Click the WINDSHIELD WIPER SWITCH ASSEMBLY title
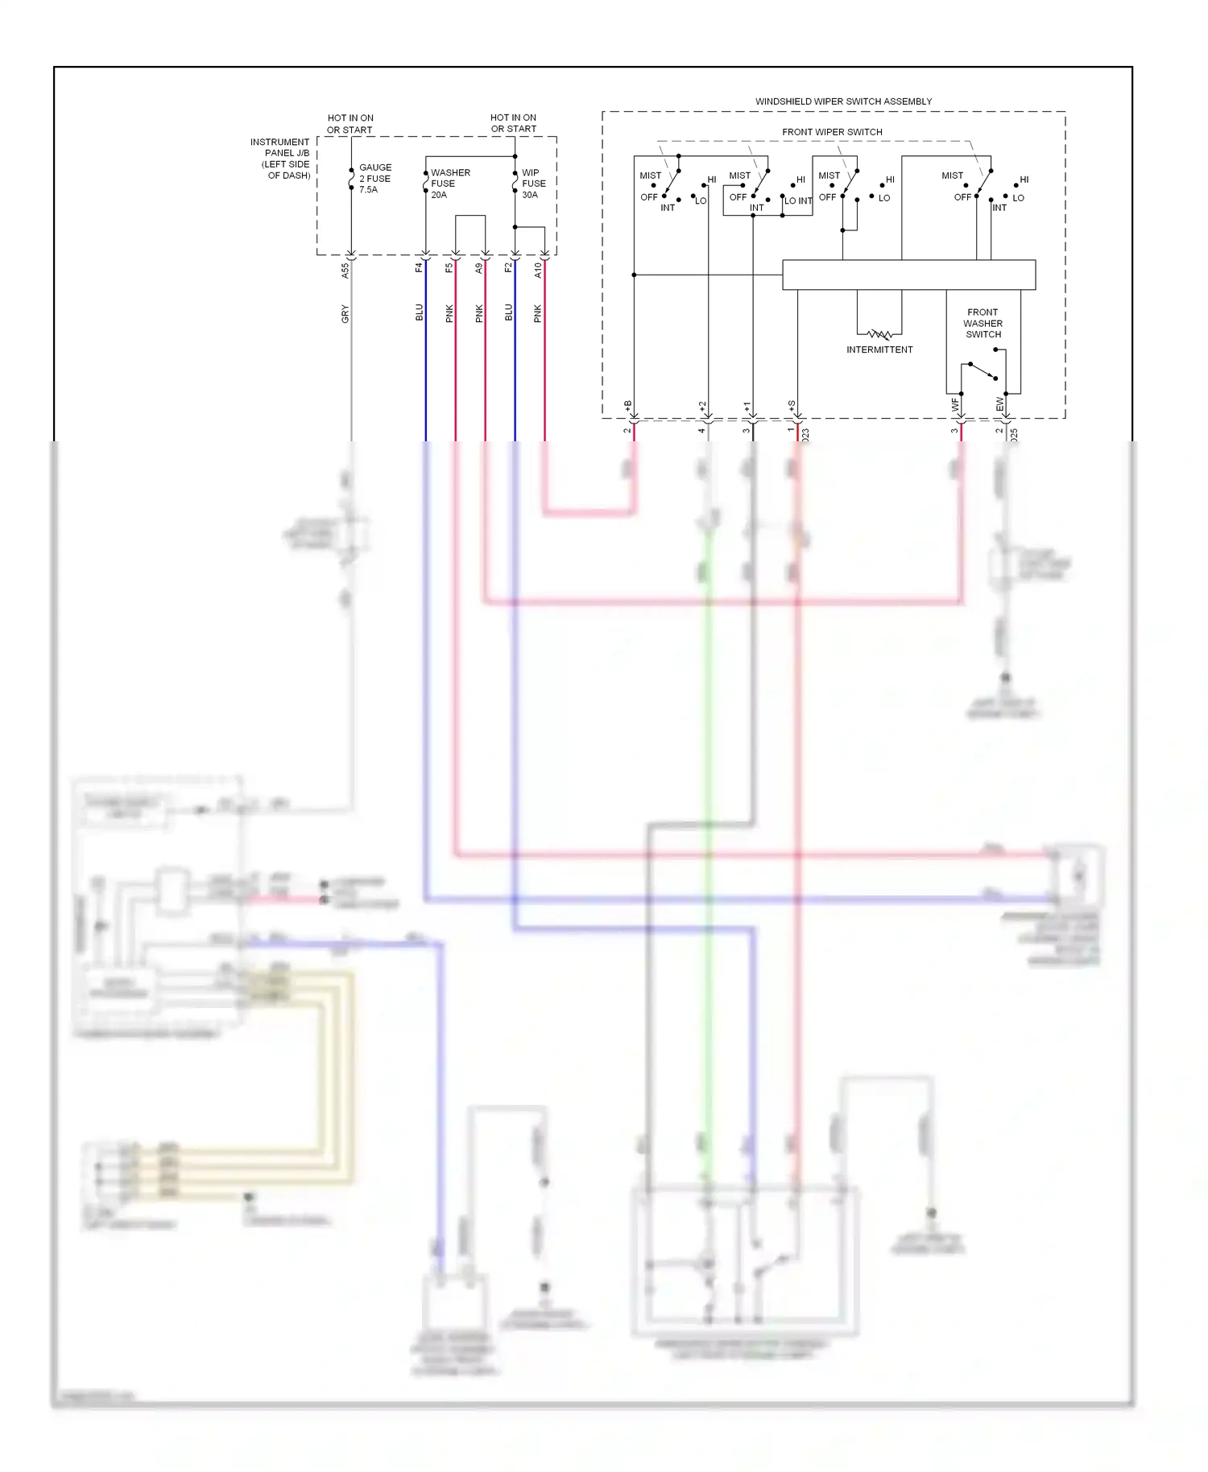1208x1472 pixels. point(843,101)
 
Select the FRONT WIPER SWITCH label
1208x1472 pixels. point(832,132)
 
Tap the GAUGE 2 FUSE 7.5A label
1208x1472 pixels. point(374,179)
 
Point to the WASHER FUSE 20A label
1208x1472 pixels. point(449,184)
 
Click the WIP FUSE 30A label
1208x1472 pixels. point(533,184)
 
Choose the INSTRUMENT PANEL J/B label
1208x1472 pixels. point(280,159)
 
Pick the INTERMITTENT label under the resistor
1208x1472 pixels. point(879,349)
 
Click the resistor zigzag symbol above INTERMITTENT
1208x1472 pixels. point(879,333)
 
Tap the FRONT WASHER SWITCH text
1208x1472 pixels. point(983,323)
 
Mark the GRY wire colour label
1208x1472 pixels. point(345,314)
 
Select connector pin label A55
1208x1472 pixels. point(345,271)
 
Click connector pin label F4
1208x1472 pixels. point(419,268)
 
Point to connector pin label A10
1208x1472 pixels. point(538,271)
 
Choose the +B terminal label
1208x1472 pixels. point(628,406)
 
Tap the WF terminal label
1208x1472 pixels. point(955,405)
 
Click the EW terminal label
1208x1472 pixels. point(1000,404)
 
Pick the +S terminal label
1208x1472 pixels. point(792,406)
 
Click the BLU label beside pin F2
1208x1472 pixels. point(509,312)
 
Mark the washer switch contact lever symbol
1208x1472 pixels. point(983,371)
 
